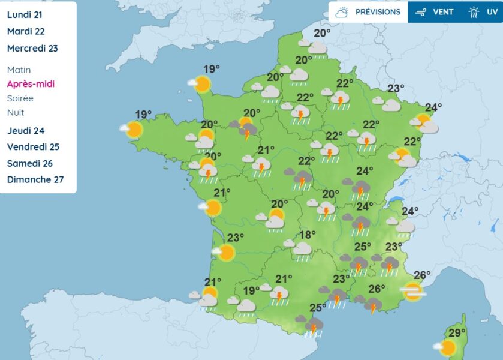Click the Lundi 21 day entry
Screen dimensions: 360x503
(25, 14)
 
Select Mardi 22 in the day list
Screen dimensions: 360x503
(26, 31)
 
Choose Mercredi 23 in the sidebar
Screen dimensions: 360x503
(32, 48)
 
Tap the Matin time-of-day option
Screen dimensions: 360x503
(19, 70)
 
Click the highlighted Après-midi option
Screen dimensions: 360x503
(31, 84)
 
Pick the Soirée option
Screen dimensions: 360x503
(20, 98)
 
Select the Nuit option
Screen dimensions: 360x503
(16, 112)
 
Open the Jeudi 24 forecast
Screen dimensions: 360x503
(26, 131)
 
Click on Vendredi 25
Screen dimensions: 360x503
(33, 147)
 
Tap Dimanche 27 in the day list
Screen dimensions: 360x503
(35, 179)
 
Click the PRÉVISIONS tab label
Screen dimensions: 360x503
(378, 12)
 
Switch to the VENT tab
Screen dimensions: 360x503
(443, 12)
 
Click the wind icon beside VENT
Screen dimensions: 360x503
(421, 12)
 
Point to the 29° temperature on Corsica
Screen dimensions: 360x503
(457, 334)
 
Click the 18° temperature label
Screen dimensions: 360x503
(307, 235)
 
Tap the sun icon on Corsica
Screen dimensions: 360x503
(447, 347)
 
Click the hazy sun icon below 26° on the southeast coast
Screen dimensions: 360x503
(412, 292)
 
